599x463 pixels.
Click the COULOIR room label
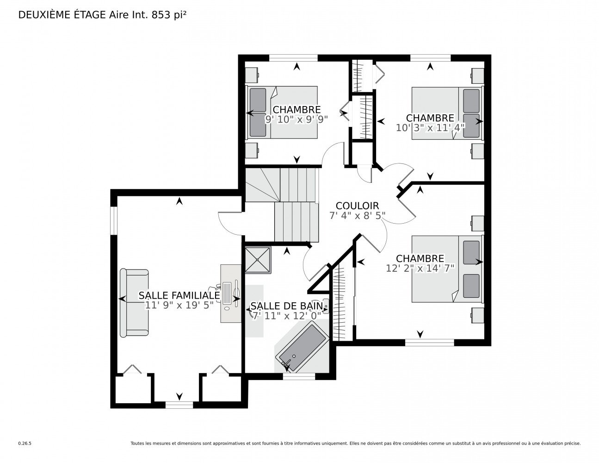[x=357, y=206]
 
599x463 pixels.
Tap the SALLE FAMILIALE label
[x=179, y=295]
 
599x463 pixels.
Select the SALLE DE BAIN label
[x=286, y=306]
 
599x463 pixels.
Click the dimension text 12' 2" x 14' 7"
[x=420, y=268]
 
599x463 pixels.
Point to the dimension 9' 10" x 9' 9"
[x=296, y=119]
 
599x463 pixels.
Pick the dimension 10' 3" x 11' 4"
[x=430, y=127]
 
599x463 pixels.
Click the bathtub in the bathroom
[x=303, y=347]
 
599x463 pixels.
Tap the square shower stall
[x=257, y=260]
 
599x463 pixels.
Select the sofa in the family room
[x=134, y=303]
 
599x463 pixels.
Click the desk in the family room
[x=231, y=293]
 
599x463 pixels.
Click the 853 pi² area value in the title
[x=169, y=15]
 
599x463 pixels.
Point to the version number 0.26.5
[x=25, y=444]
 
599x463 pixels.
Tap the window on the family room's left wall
[x=114, y=220]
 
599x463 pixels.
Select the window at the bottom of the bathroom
[x=299, y=376]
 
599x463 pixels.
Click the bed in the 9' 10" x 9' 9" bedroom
[x=282, y=113]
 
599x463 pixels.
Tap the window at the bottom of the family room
[x=179, y=405]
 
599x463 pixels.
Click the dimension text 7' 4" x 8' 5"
[x=357, y=215]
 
